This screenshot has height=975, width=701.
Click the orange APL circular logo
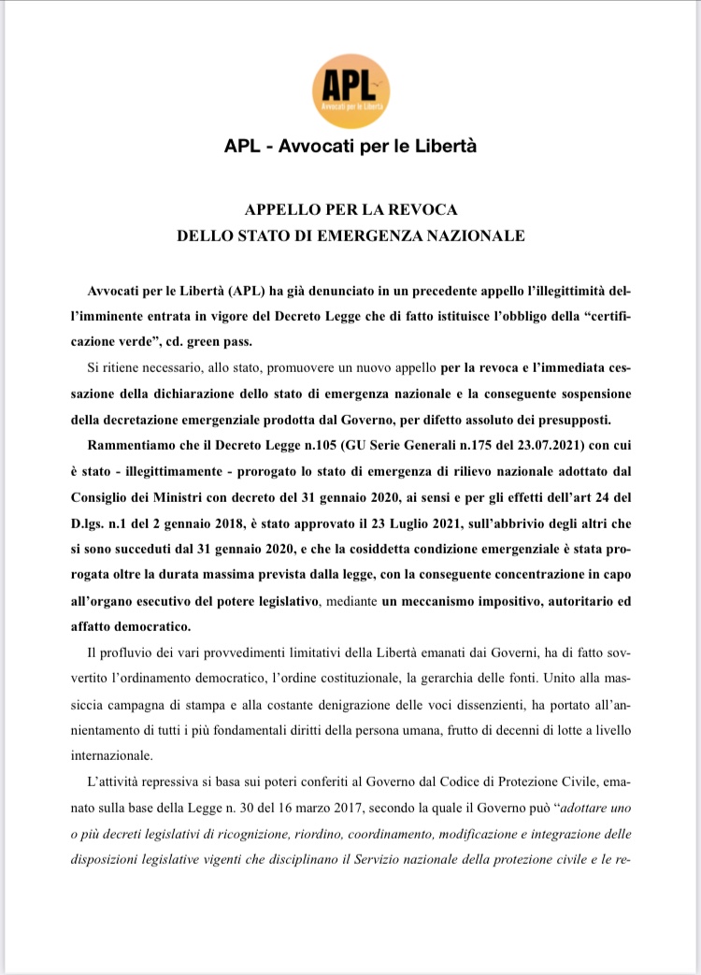coord(350,92)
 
